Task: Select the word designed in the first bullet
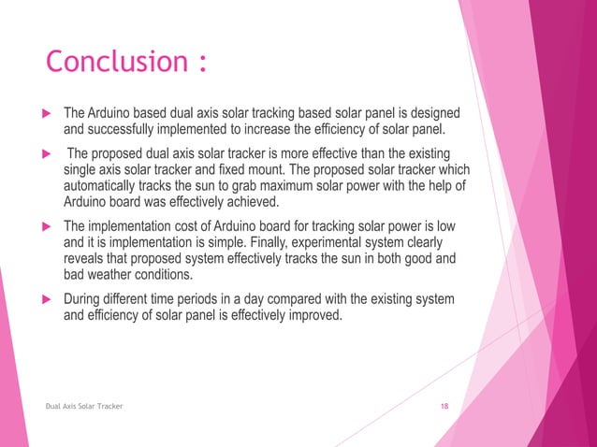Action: pos(432,113)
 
